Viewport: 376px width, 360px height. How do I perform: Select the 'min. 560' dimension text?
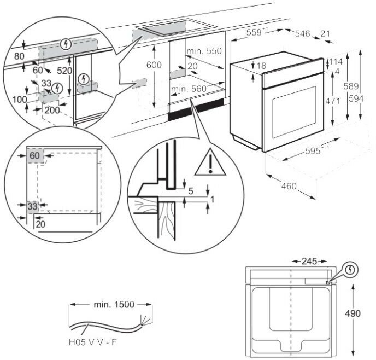click(189, 89)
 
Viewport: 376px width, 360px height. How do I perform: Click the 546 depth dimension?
click(302, 34)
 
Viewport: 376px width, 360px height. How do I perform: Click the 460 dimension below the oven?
click(289, 186)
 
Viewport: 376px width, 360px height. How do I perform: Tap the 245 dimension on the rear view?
click(310, 261)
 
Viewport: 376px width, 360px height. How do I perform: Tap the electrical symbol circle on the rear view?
click(350, 270)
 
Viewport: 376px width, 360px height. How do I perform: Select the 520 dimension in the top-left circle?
click(64, 71)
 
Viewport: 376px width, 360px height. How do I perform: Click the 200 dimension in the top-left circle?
click(53, 111)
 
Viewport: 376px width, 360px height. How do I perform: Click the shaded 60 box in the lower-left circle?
click(35, 156)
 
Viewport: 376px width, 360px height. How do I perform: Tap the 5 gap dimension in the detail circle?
click(190, 191)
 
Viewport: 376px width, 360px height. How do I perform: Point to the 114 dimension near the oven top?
click(336, 62)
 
